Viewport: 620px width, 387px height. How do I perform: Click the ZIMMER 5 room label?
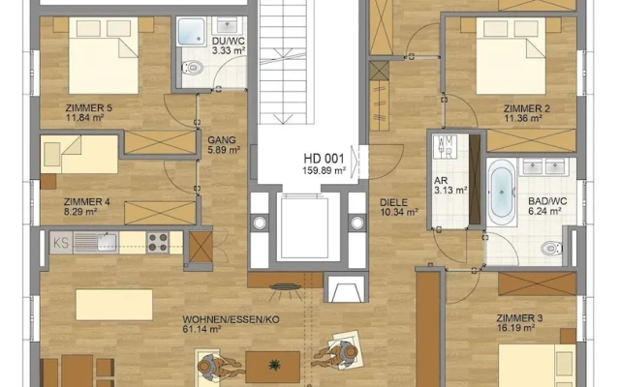click(89, 107)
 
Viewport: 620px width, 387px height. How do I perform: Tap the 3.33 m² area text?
click(229, 50)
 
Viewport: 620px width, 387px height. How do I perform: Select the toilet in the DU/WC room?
click(193, 67)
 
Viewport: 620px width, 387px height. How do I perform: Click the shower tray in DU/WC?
click(192, 31)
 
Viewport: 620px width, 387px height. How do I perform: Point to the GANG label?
click(222, 139)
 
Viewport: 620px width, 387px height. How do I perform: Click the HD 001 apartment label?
click(325, 159)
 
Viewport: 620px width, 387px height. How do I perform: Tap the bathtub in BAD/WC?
click(502, 192)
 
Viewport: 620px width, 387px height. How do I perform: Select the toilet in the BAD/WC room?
click(551, 249)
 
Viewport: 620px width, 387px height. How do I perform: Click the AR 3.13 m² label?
click(450, 185)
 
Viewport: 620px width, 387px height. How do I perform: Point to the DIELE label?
click(394, 202)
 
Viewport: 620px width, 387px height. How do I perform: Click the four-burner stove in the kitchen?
click(158, 242)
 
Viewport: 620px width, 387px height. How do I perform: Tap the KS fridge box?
click(61, 243)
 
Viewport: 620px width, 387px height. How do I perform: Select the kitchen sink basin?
click(107, 242)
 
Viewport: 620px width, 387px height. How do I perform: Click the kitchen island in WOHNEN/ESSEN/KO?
click(114, 305)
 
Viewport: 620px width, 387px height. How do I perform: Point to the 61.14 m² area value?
click(201, 329)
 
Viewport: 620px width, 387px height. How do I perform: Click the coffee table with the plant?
click(273, 367)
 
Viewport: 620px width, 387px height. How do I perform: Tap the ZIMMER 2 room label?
click(527, 108)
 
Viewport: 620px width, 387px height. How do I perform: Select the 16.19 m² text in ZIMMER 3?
click(516, 328)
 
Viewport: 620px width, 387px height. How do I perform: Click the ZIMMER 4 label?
click(87, 202)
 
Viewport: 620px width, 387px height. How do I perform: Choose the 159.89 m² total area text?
click(325, 170)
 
